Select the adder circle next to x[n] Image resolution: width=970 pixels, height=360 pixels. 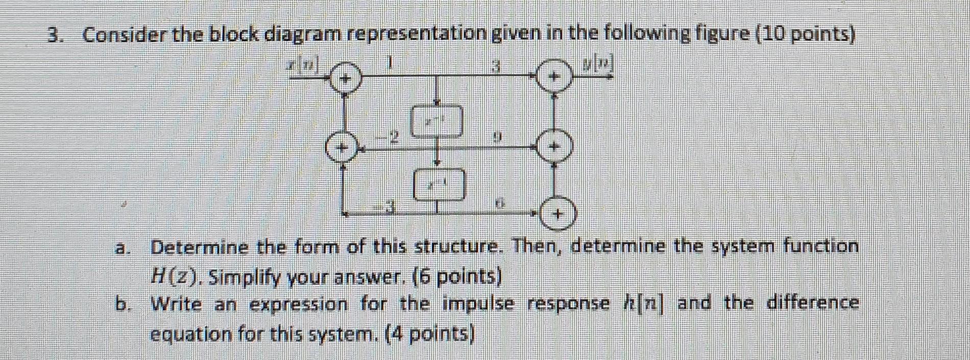point(346,79)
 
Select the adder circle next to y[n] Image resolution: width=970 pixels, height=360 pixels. point(555,76)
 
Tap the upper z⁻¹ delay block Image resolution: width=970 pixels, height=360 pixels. point(438,122)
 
